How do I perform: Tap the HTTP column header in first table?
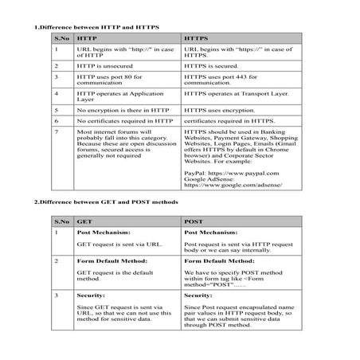87,38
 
